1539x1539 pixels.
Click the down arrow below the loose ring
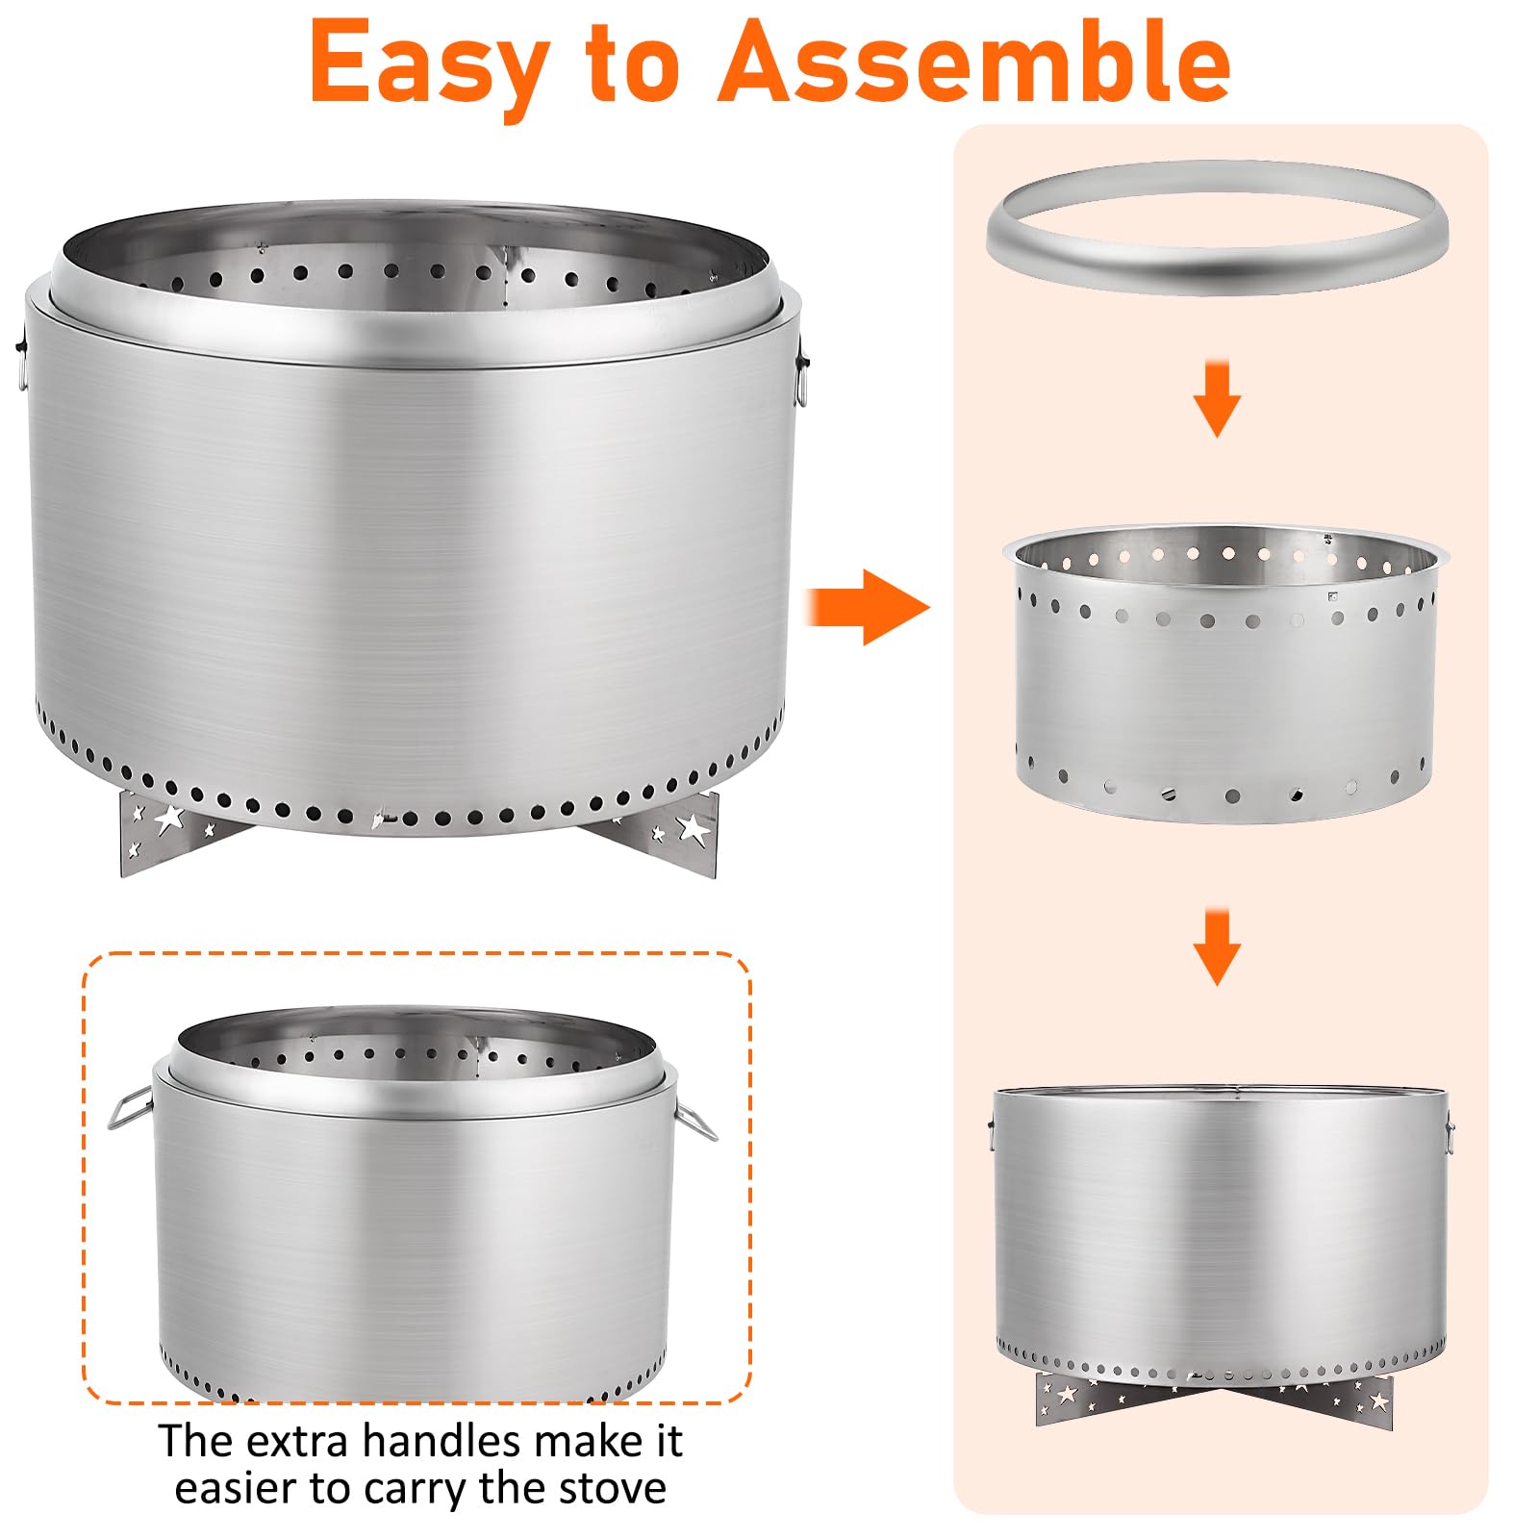point(1217,398)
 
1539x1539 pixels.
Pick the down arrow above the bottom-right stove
point(1217,946)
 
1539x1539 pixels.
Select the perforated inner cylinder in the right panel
point(1224,673)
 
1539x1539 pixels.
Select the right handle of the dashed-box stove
point(694,1120)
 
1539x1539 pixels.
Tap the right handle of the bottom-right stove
point(1449,1135)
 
